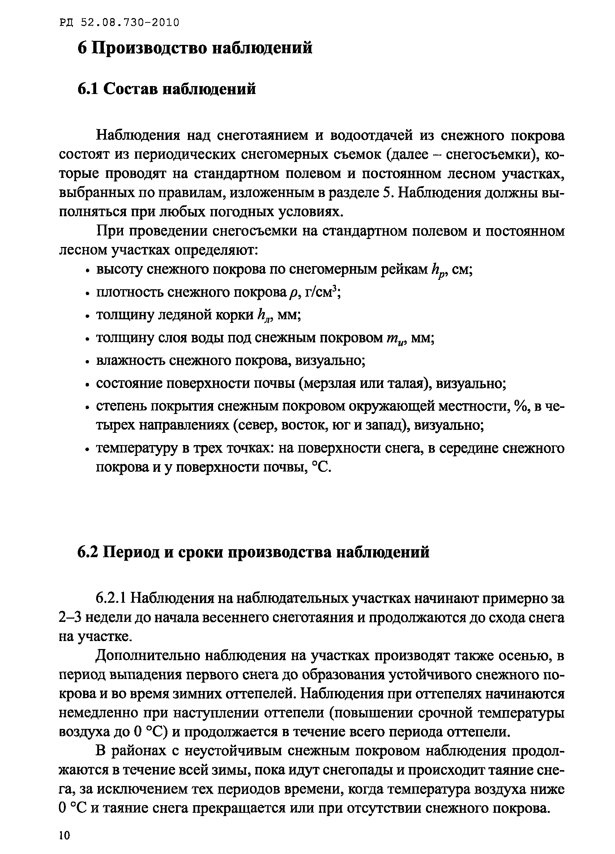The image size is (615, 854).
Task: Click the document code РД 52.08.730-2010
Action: tap(119, 23)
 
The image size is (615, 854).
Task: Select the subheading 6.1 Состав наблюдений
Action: tap(166, 89)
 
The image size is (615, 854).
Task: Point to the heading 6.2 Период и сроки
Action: tap(253, 552)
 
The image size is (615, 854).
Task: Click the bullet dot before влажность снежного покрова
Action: tap(87, 362)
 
